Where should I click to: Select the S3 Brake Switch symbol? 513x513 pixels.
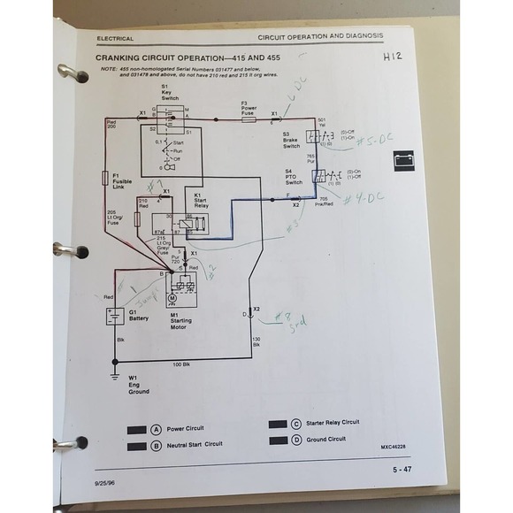(x=312, y=135)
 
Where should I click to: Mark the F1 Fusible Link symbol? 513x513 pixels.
(x=106, y=178)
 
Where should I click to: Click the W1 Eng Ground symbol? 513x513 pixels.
(x=112, y=375)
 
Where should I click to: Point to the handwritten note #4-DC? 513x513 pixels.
(x=360, y=197)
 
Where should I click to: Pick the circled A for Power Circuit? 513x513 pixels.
(x=157, y=428)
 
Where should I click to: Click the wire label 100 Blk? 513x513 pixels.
(x=180, y=364)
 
